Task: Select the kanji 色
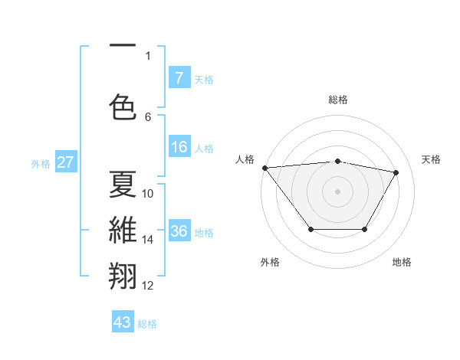point(123,106)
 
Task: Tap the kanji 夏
point(123,184)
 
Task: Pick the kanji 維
point(123,231)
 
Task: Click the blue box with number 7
point(179,77)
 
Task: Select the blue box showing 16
point(179,147)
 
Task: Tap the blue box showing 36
point(179,231)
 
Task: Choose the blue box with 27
point(65,162)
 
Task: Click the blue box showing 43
point(123,322)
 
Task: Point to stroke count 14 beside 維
point(148,240)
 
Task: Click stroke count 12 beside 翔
point(148,286)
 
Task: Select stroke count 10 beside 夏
point(148,194)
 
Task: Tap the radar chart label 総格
point(337,100)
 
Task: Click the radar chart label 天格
point(431,159)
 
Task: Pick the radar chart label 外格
point(270,262)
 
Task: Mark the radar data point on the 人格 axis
point(264,168)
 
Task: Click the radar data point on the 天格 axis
point(396,172)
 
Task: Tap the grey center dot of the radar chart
point(337,191)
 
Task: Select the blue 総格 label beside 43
point(147,323)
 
